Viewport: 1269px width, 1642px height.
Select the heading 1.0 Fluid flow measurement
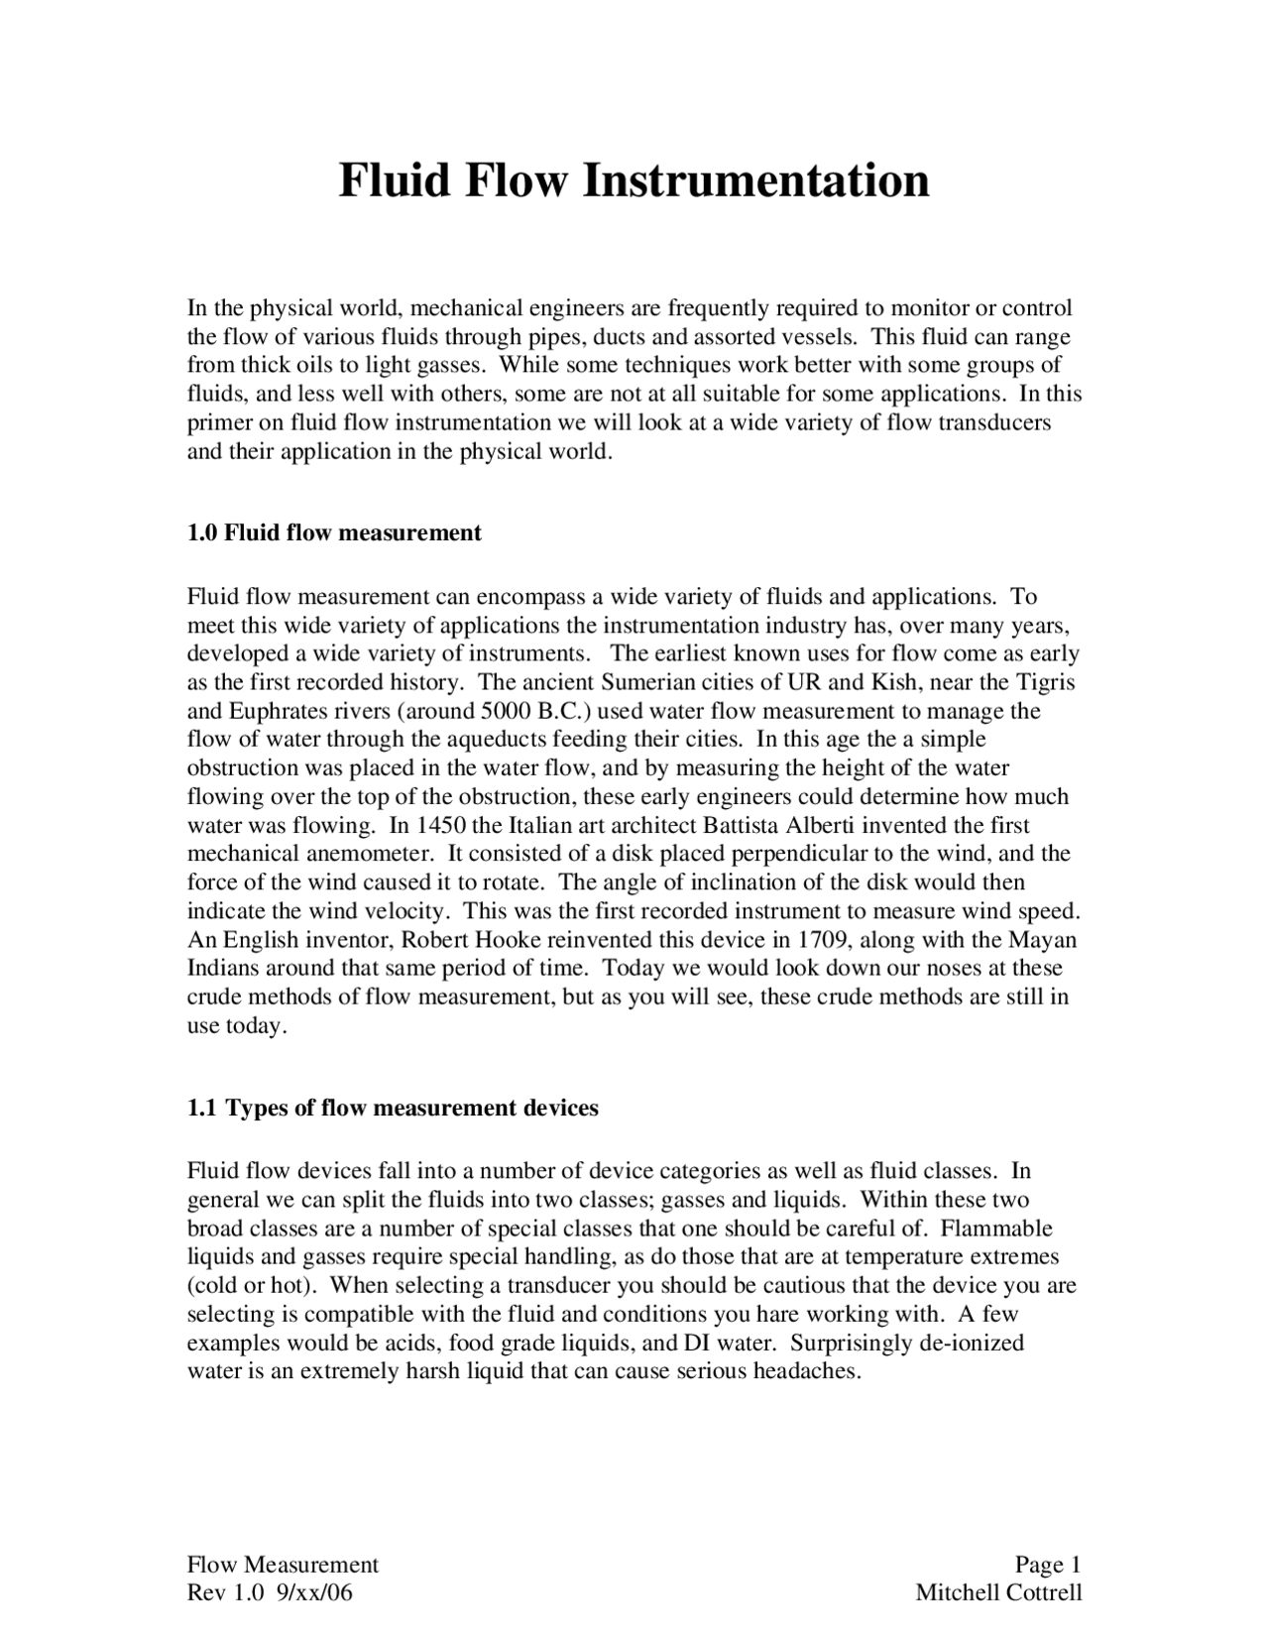pos(334,533)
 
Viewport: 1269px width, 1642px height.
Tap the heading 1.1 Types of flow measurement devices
pos(393,1108)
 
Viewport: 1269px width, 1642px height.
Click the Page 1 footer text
pos(1047,1565)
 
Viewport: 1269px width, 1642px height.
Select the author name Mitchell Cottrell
pos(998,1593)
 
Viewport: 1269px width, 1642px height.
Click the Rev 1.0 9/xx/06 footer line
pos(270,1593)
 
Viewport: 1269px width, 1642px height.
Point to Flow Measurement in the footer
pos(284,1565)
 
